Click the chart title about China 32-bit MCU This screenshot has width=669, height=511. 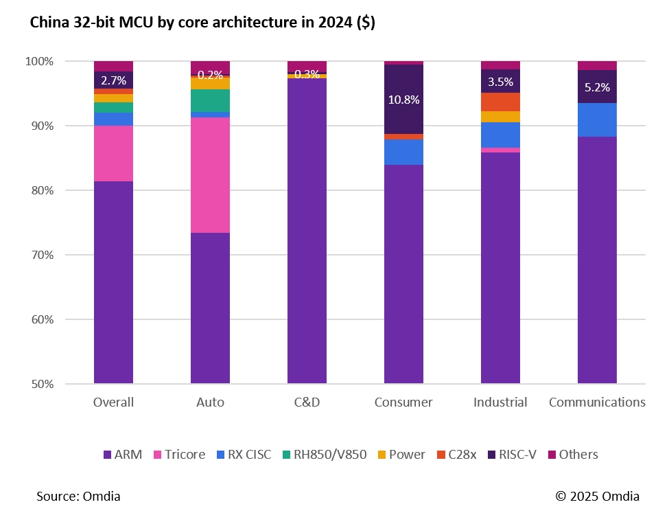[202, 23]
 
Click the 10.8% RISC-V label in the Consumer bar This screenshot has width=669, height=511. [403, 99]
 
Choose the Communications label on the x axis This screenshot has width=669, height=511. [597, 402]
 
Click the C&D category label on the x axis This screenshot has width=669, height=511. [307, 402]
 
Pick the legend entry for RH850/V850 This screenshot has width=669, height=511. [324, 455]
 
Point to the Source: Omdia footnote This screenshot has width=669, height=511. [73, 496]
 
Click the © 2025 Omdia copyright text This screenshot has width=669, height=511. [597, 496]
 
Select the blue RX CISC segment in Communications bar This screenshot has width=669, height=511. [597, 120]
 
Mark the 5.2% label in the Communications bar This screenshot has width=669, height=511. [597, 87]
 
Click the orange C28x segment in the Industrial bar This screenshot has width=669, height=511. [500, 102]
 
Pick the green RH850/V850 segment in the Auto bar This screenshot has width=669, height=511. [210, 100]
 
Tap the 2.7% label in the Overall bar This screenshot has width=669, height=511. [113, 80]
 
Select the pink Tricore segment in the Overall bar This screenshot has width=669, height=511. [113, 153]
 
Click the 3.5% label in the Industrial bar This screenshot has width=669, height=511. [500, 82]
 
